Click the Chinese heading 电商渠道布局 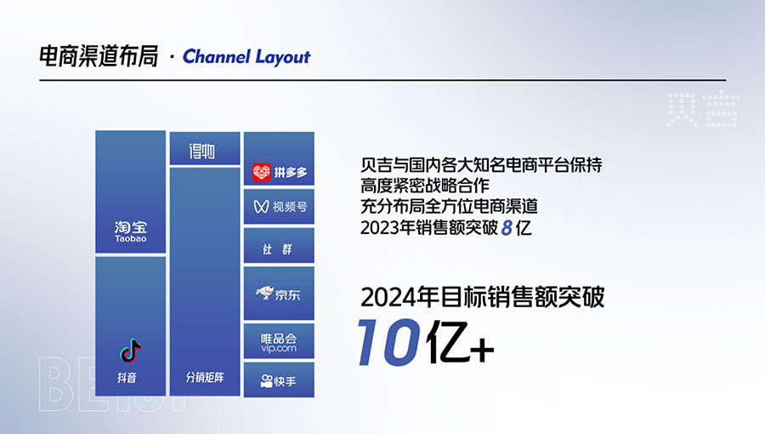coord(99,57)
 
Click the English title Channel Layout coord(246,57)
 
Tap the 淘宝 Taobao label coord(131,231)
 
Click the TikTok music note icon coord(130,351)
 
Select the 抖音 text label coord(127,377)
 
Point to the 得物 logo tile coord(205,149)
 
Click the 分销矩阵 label coord(205,377)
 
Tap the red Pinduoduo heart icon coord(262,173)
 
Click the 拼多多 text coord(291,173)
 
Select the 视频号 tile coord(279,207)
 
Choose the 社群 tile coord(279,246)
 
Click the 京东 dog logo coord(265,293)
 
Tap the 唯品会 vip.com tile coord(279,340)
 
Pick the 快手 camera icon coord(266,380)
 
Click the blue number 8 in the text coord(507,228)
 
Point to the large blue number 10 coord(389,342)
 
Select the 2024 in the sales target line coord(385,297)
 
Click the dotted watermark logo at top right coord(703,110)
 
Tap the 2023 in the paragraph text coord(379,228)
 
